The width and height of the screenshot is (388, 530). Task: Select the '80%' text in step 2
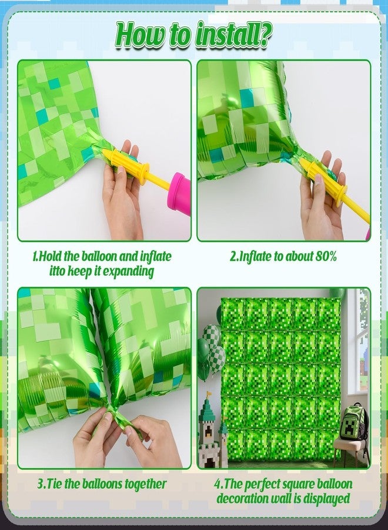tap(326, 257)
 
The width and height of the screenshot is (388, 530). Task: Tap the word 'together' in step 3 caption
tap(146, 485)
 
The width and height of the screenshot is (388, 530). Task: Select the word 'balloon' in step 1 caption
tap(99, 256)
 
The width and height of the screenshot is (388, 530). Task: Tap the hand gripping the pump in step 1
tap(122, 193)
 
